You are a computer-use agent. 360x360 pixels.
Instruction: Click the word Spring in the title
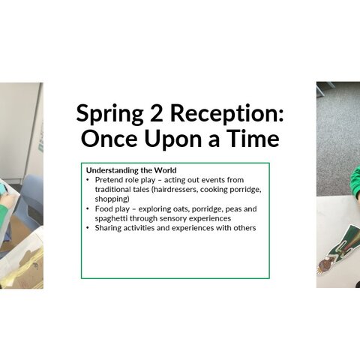coord(109,114)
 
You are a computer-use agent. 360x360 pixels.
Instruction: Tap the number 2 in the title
coord(157,113)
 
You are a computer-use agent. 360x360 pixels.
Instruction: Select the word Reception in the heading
coord(227,114)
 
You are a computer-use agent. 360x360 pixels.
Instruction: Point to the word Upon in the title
coord(173,139)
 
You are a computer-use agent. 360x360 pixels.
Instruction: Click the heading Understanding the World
coord(131,170)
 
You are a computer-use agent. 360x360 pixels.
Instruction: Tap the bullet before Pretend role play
coord(88,180)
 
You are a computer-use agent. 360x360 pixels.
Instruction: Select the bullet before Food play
coord(88,208)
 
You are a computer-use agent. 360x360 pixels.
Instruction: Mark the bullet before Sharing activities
coord(88,228)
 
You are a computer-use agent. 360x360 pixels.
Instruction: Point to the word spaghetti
coord(111,219)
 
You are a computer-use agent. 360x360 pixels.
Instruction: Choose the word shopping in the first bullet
coord(112,199)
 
